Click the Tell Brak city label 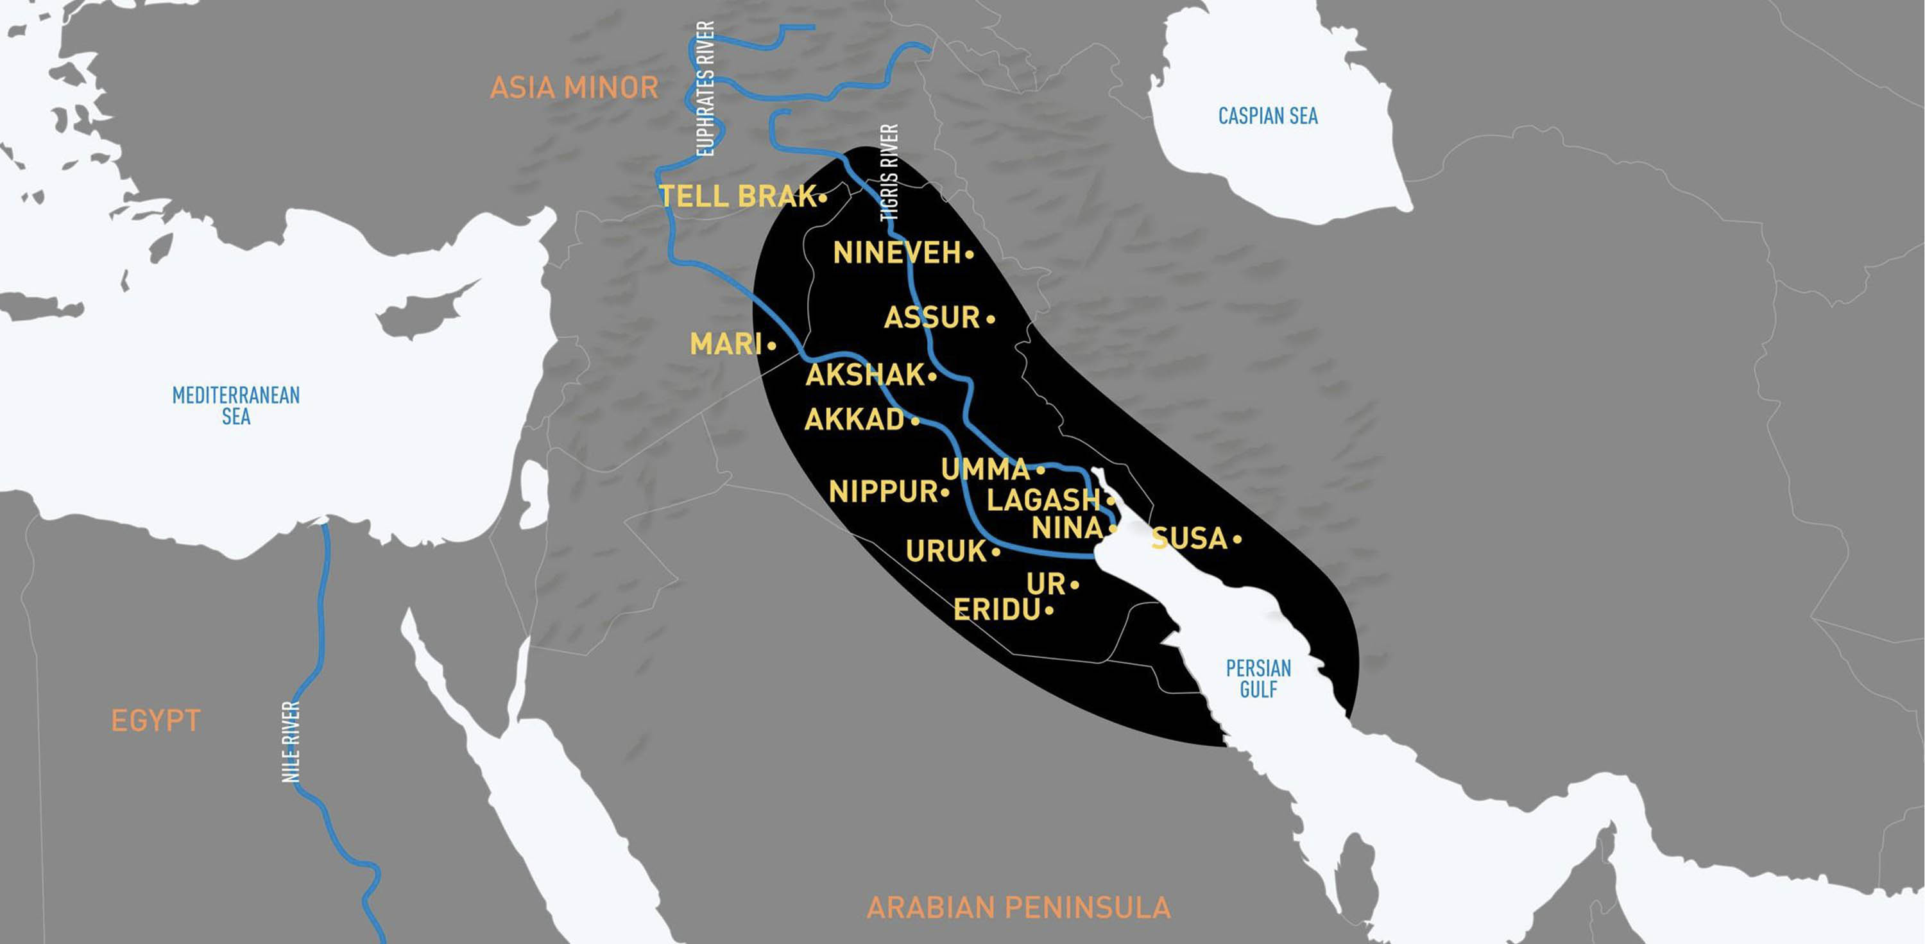(737, 196)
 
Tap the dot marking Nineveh (969, 255)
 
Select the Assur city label (931, 318)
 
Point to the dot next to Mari (772, 346)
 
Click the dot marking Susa (1238, 539)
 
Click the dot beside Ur (1075, 585)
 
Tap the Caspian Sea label (1267, 117)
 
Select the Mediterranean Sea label (236, 406)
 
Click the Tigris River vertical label (889, 173)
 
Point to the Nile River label (291, 742)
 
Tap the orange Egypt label (155, 721)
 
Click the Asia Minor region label (574, 88)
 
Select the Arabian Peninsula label (1018, 908)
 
